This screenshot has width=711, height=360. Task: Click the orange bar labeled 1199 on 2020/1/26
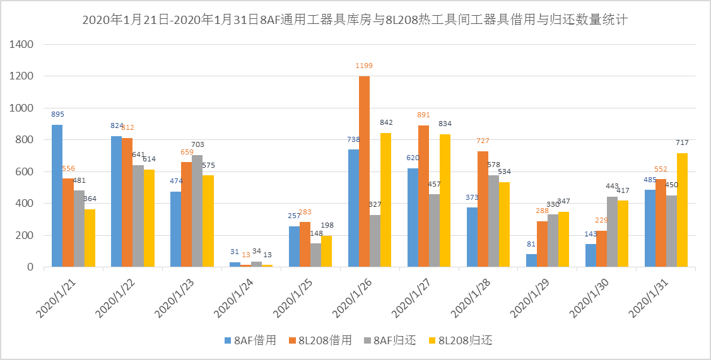[364, 171]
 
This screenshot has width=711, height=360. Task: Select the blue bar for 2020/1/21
[57, 196]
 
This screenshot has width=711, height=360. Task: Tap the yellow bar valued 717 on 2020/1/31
[683, 210]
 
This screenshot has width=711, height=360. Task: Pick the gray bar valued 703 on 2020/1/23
[197, 211]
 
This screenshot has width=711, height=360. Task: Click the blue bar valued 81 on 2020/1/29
[531, 260]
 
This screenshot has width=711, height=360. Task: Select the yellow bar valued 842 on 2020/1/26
[386, 200]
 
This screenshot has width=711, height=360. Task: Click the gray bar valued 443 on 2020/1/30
[612, 232]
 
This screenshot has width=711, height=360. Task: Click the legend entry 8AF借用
[250, 340]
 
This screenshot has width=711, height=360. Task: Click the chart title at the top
[355, 20]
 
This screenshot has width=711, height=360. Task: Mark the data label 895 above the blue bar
[57, 114]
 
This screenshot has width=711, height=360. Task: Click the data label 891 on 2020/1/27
[423, 115]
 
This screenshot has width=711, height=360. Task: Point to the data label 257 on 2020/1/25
[294, 216]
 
